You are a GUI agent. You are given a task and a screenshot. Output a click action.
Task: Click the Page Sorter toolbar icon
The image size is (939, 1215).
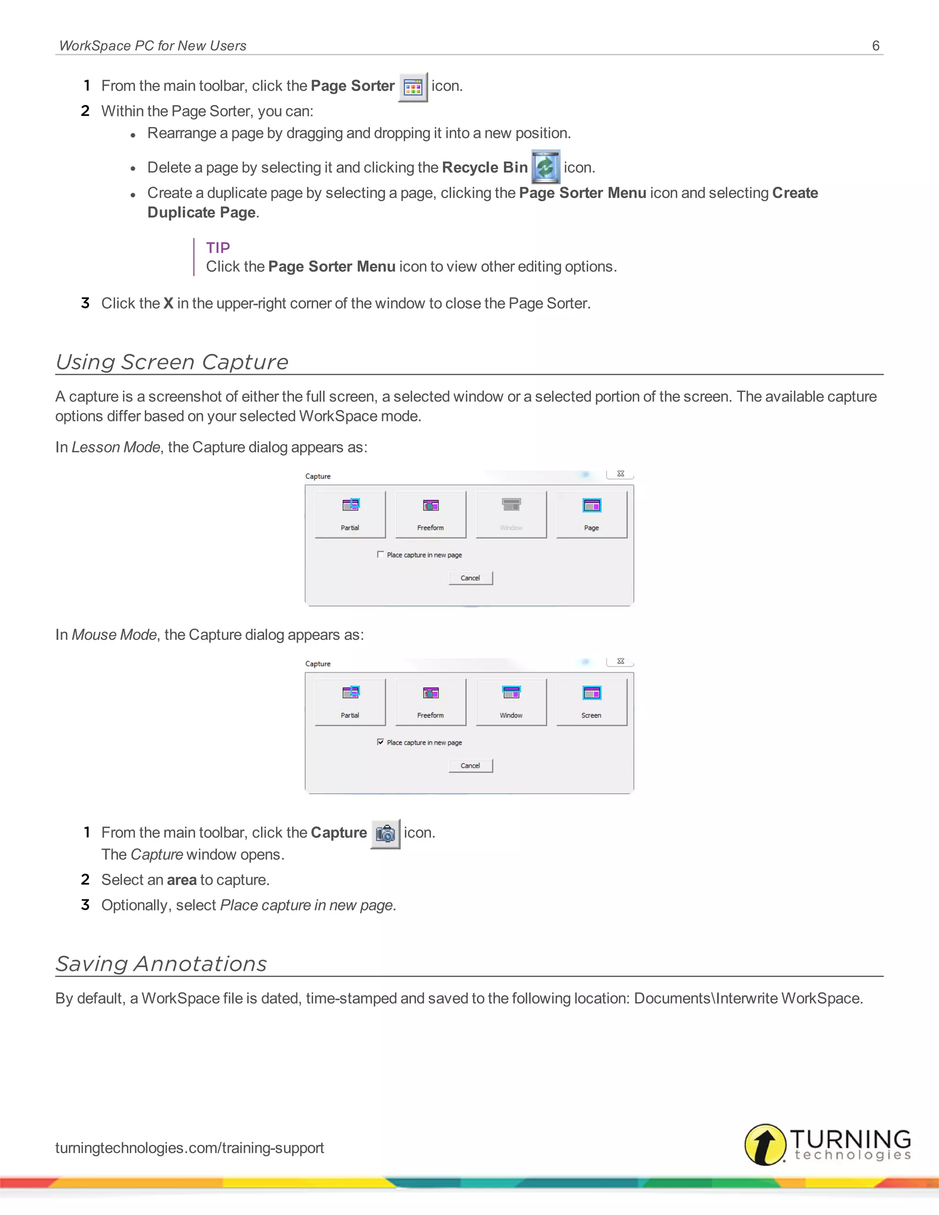pyautogui.click(x=413, y=87)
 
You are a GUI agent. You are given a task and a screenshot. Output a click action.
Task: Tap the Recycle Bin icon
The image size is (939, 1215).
pyautogui.click(x=545, y=167)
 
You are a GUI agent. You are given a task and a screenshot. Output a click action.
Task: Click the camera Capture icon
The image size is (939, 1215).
pyautogui.click(x=385, y=834)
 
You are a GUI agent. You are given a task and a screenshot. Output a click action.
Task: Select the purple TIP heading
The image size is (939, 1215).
pyautogui.click(x=217, y=248)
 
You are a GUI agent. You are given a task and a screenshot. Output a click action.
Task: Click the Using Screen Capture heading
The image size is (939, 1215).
pyautogui.click(x=172, y=362)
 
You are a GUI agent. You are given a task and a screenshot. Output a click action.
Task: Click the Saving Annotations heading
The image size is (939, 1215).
pyautogui.click(x=161, y=964)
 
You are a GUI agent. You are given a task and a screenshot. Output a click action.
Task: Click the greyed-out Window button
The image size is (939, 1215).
pyautogui.click(x=511, y=514)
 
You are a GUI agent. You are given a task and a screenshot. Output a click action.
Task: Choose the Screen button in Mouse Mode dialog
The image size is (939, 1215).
pyautogui.click(x=591, y=702)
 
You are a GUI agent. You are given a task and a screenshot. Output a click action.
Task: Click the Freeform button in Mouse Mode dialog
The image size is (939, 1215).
pyautogui.click(x=431, y=702)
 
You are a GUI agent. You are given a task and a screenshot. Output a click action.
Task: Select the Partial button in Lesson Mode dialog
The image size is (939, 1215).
pyautogui.click(x=350, y=514)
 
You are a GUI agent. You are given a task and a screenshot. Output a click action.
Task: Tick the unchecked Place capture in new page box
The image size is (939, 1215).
pyautogui.click(x=381, y=554)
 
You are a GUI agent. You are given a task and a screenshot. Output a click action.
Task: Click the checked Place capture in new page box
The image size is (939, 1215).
pyautogui.click(x=381, y=741)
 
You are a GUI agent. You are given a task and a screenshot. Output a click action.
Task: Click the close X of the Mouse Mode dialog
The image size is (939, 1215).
pyautogui.click(x=620, y=661)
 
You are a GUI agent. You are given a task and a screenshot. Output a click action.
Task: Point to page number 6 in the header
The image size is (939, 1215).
pyautogui.click(x=875, y=45)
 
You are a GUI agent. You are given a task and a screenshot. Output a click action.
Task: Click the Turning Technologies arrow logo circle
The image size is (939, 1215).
pyautogui.click(x=765, y=1144)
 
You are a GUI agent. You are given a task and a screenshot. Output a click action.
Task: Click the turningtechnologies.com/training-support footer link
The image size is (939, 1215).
pyautogui.click(x=189, y=1148)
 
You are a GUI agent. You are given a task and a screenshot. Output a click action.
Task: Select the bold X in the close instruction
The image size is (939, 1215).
pyautogui.click(x=168, y=303)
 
